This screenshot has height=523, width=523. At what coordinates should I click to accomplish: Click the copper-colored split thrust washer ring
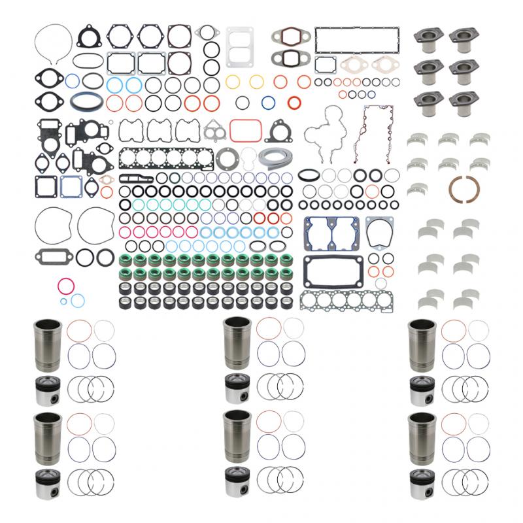[465, 194]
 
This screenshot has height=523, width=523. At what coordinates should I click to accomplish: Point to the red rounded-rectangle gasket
[241, 129]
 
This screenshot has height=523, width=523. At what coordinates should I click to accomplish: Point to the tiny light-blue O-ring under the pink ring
[77, 299]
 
